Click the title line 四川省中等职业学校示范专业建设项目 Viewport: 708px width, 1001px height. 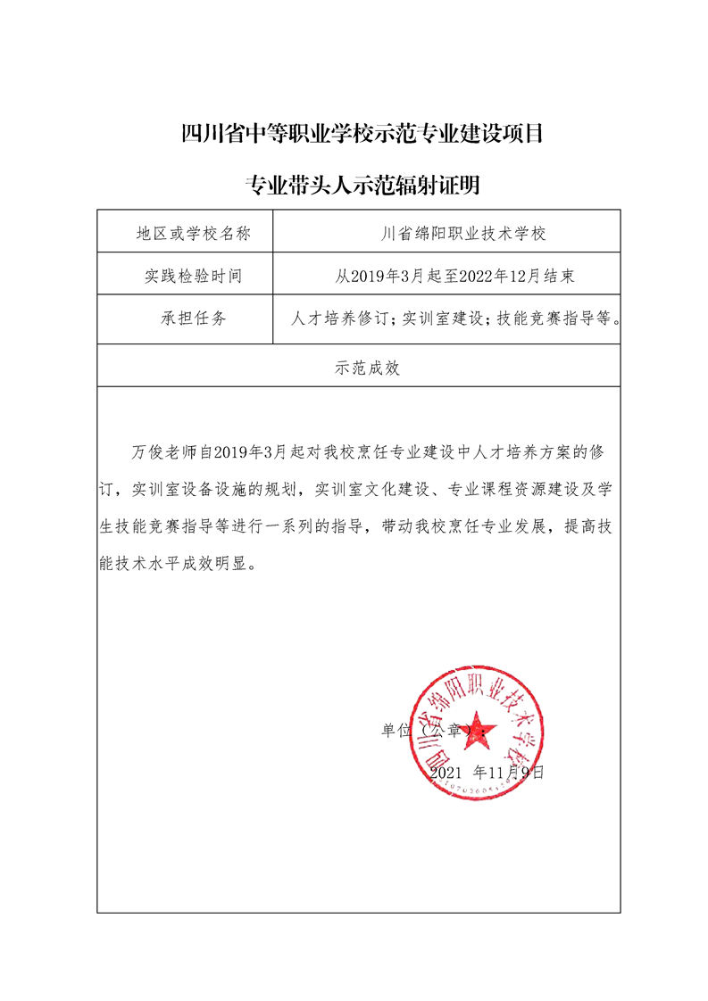pos(362,136)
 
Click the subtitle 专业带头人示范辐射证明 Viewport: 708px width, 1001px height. pos(362,186)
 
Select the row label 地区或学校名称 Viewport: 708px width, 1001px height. pos(193,234)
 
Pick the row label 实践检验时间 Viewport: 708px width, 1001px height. pos(193,276)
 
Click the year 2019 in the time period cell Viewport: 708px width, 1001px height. pos(371,277)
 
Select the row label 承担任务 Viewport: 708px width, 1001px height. pos(193,318)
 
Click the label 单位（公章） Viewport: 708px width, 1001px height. pos(429,731)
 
